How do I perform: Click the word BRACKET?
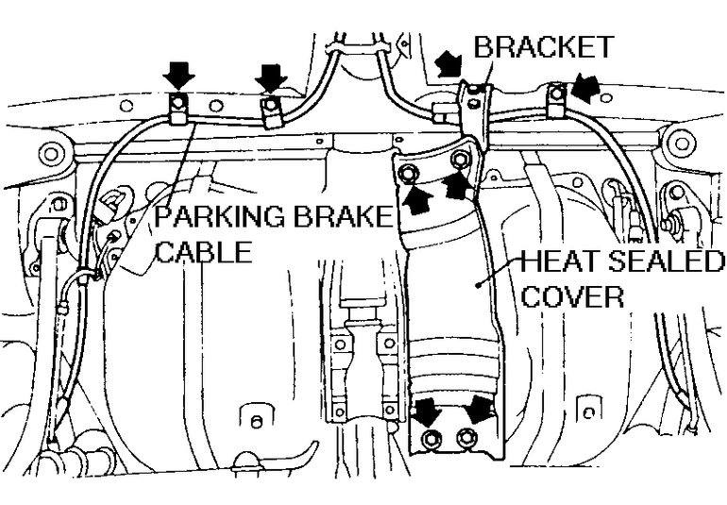click(x=543, y=47)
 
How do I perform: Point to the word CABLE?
click(x=204, y=252)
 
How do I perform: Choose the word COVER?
click(x=572, y=296)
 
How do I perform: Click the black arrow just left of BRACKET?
click(x=449, y=64)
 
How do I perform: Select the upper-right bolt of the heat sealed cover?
click(x=460, y=160)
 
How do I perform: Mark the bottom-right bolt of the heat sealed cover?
click(x=465, y=438)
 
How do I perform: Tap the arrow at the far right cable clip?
click(x=586, y=89)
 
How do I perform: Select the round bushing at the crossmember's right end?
click(x=679, y=143)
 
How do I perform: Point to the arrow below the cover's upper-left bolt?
click(x=416, y=198)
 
